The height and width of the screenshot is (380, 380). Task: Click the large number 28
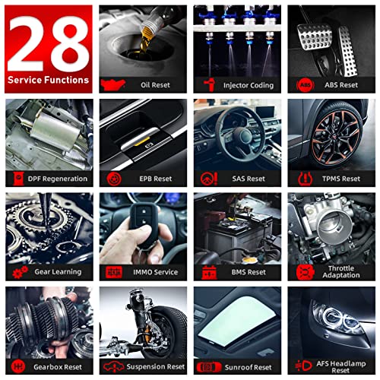48,43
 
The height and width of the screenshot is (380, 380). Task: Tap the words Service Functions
48,80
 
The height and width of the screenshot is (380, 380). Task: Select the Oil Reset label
155,85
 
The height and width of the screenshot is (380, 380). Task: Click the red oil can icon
112,84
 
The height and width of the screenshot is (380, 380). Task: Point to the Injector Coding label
249,86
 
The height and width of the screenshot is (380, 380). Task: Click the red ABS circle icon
306,85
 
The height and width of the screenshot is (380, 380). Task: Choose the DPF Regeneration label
58,179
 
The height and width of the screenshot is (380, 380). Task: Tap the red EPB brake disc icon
114,179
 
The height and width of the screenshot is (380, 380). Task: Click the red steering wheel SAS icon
209,179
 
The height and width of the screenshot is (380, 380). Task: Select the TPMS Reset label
341,179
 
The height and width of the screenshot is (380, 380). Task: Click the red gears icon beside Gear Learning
20,272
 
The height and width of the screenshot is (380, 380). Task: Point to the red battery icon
209,273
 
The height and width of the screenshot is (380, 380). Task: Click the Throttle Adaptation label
341,272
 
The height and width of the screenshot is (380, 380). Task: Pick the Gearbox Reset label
58,367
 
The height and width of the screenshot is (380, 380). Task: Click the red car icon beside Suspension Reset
114,366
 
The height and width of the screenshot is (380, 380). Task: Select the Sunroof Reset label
248,367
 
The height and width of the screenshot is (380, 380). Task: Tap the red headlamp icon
304,366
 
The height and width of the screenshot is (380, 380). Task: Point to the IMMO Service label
156,272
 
